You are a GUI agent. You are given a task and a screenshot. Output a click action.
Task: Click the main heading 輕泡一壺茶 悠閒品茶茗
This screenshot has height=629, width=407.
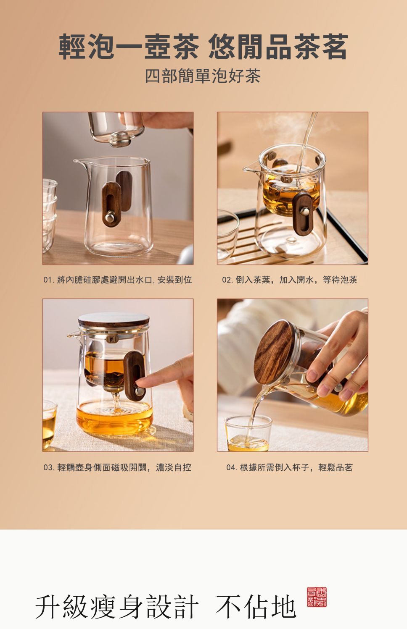click(x=203, y=47)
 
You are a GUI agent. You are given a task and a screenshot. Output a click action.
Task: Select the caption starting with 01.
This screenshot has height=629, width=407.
click(x=118, y=280)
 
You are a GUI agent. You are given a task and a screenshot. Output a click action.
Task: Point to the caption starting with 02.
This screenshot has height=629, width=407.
click(x=290, y=280)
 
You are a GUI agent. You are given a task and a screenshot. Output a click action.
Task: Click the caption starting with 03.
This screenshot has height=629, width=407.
click(x=117, y=467)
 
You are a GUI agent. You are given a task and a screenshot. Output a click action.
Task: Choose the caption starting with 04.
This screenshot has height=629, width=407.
click(x=289, y=467)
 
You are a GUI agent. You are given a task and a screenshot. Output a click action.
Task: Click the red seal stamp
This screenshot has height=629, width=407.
click(x=317, y=597)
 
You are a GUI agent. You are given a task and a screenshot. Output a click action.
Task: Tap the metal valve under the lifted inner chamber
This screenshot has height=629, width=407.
click(x=122, y=139)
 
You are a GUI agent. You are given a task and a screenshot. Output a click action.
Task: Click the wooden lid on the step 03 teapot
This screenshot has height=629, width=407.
click(x=114, y=320)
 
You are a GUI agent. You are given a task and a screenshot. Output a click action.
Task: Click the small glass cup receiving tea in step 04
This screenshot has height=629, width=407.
click(x=248, y=433)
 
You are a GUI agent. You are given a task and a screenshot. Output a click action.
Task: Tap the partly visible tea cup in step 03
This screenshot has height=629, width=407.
click(x=50, y=425)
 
